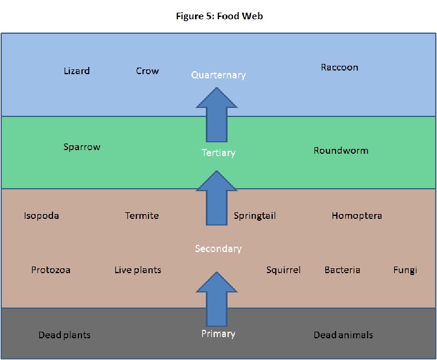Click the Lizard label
coord(77,71)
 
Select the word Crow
coord(147,71)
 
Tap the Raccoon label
coord(339,68)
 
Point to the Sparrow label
coord(81,147)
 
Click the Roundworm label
coord(340,151)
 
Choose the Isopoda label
coord(42,216)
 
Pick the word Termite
coord(142,216)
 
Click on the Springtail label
coord(254,216)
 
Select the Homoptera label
coord(356,216)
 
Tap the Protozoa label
coord(51,270)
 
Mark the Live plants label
coord(138,270)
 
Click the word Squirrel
coord(283,270)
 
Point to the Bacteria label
coord(342,270)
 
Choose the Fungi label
coord(405,270)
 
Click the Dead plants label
coord(64,335)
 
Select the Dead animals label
coord(343,335)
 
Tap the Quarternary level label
coord(218,75)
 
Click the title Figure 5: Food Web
coord(218,16)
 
